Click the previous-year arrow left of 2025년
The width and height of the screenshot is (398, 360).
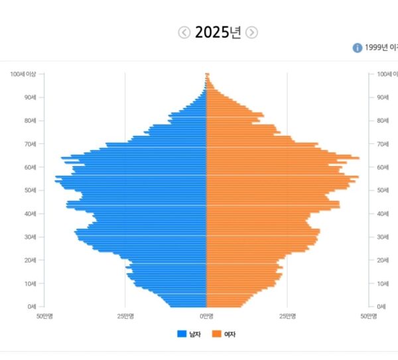[184, 32]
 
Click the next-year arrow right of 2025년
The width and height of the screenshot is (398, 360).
[251, 32]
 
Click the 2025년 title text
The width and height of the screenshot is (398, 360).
[218, 32]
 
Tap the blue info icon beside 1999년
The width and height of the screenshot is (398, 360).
[358, 48]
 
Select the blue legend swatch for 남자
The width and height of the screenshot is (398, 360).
[182, 333]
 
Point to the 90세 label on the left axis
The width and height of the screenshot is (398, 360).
[29, 97]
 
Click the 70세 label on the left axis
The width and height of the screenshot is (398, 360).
[29, 144]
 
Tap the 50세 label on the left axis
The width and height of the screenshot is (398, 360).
[29, 190]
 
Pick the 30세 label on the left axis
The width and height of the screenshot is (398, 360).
[29, 237]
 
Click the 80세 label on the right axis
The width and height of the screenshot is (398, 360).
[383, 121]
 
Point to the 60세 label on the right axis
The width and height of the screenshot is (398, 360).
[383, 167]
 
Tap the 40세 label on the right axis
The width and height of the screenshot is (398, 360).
[383, 213]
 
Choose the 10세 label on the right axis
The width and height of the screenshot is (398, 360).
[383, 283]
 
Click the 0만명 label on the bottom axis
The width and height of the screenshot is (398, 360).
[206, 316]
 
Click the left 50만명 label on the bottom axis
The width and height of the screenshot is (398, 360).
[44, 316]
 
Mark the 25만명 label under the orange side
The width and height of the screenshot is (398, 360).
[287, 316]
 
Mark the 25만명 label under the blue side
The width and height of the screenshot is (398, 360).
[125, 316]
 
